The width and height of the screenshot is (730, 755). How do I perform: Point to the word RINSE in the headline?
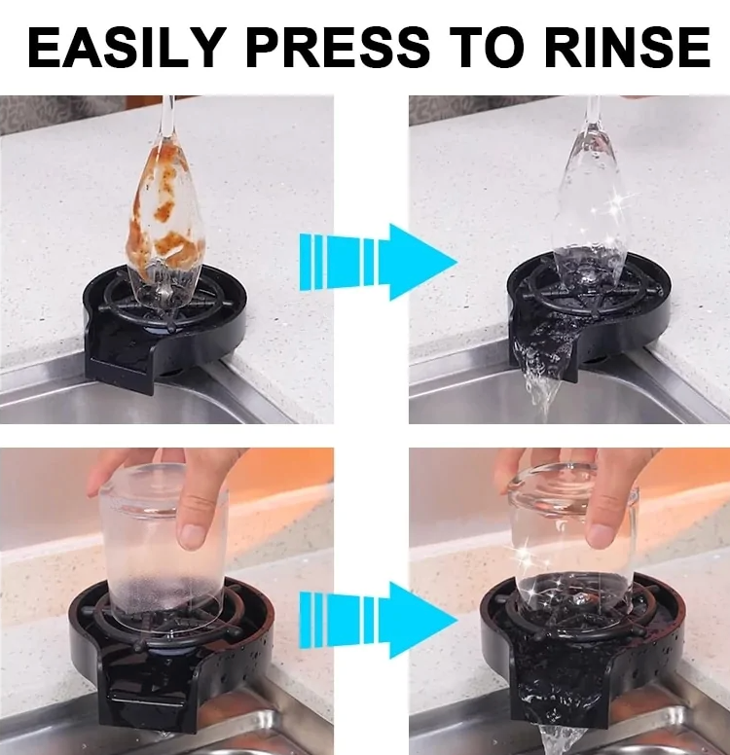coord(639,47)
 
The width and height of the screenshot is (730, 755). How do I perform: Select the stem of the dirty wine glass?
coord(167,122)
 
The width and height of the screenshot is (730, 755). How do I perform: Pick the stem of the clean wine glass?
coord(591,122)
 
